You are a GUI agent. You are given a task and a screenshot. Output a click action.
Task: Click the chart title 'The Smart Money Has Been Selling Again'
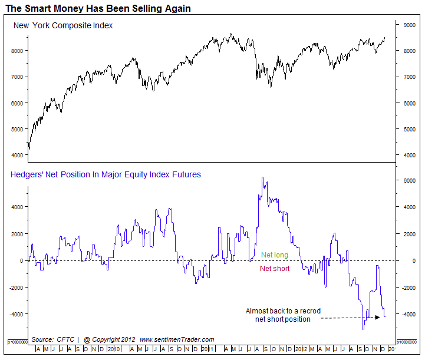tap(98, 9)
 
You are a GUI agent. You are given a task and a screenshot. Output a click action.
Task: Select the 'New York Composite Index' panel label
tap(63, 26)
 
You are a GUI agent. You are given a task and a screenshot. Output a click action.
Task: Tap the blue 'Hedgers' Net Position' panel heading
tap(106, 174)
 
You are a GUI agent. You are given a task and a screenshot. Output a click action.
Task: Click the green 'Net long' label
tap(275, 255)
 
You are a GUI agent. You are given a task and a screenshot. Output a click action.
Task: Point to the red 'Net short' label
tap(275, 269)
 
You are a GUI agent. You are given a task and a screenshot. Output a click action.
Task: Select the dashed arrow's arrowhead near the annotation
tap(377, 318)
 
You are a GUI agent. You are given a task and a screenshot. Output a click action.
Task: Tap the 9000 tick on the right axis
tap(408, 25)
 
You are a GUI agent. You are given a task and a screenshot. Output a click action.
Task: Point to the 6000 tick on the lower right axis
tap(408, 181)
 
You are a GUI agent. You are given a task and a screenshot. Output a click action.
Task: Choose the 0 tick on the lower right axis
tap(413, 260)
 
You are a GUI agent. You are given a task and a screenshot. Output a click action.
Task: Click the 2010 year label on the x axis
tap(117, 349)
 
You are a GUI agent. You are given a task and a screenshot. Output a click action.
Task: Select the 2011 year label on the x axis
tap(207, 349)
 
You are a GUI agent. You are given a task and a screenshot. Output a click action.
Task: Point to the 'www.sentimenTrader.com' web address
tap(177, 339)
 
